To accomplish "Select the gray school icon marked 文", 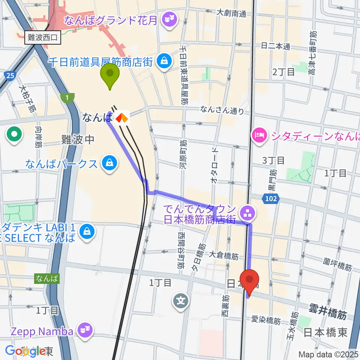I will click(181, 301).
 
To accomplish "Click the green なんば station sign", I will click(47, 278).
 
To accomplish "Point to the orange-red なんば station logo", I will click(121, 118).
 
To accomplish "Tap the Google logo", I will click(25, 351).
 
